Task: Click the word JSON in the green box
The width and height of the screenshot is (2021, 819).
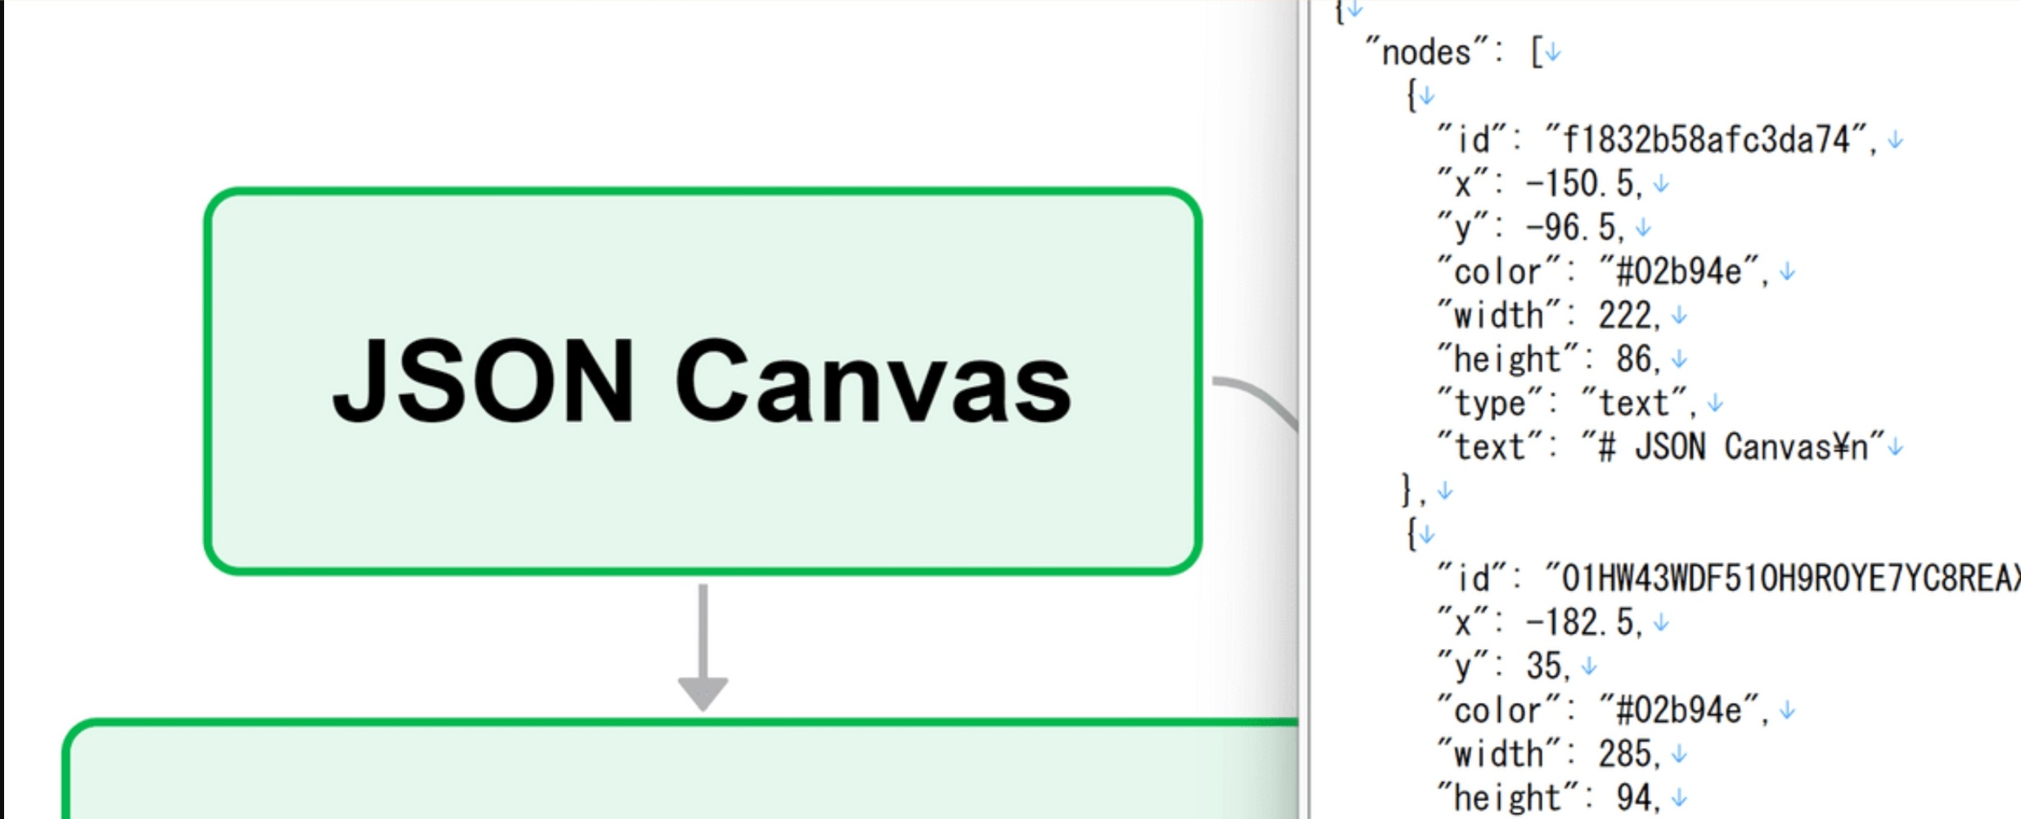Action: pyautogui.click(x=483, y=383)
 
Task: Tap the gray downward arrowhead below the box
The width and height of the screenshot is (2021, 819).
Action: pyautogui.click(x=703, y=693)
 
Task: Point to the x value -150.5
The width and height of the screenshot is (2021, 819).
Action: pyautogui.click(x=1579, y=184)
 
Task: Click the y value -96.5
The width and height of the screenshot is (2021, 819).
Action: pyautogui.click(x=1570, y=228)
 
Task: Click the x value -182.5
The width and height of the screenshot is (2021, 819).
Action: pyautogui.click(x=1579, y=623)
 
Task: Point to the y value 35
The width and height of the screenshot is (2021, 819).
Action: pyautogui.click(x=1543, y=667)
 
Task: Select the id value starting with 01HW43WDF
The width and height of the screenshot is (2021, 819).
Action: pyautogui.click(x=1783, y=579)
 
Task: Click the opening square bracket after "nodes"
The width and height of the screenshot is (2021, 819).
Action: pyautogui.click(x=1536, y=53)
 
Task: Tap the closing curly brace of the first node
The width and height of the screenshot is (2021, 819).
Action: pyautogui.click(x=1407, y=490)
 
